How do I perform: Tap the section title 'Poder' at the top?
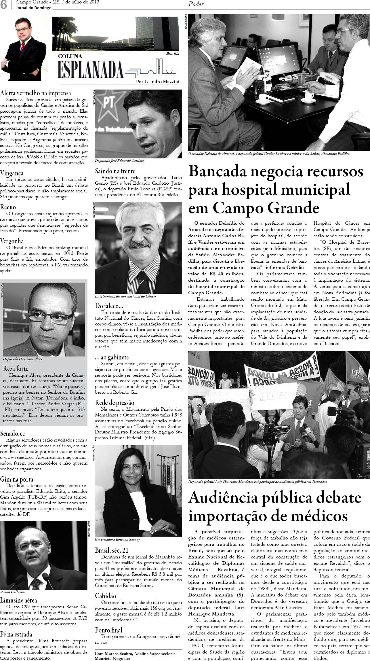[196, 4]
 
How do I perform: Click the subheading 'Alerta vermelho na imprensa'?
[36, 93]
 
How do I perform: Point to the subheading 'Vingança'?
[12, 173]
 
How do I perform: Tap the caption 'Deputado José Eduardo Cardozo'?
[119, 161]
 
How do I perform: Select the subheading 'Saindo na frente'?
[115, 171]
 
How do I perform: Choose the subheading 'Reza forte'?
[16, 368]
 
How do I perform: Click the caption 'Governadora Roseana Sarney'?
[117, 539]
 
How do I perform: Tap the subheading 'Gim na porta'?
[17, 479]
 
